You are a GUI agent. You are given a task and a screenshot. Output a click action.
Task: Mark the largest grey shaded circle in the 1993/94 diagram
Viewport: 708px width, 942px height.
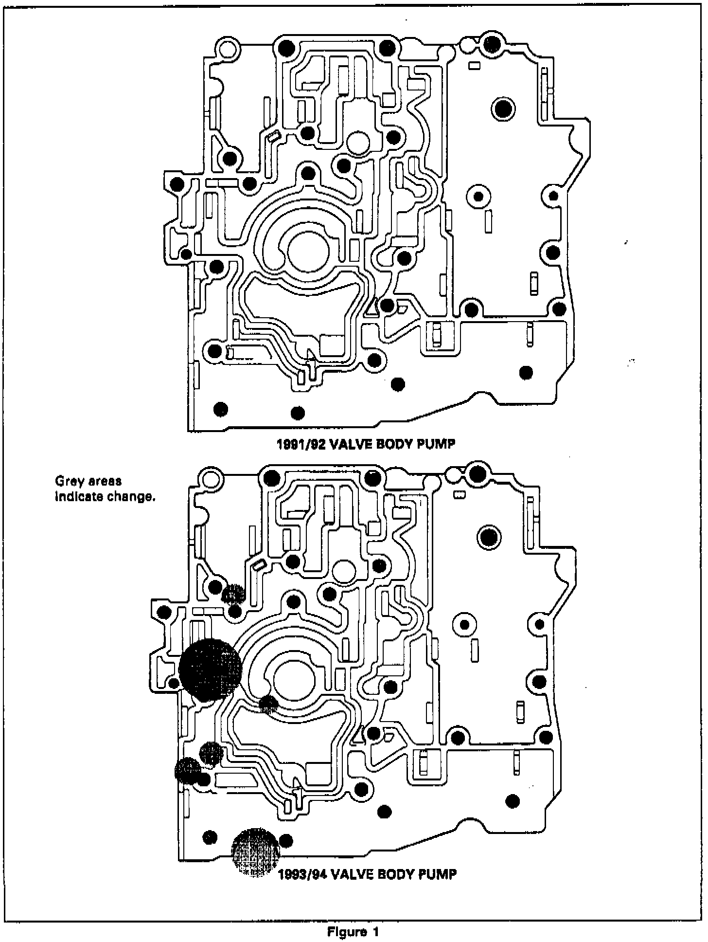tap(210, 670)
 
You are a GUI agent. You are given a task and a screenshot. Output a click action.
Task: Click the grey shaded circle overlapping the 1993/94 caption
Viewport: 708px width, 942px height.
tap(256, 851)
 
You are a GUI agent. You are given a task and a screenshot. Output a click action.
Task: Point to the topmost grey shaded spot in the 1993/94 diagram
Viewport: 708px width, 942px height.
tap(233, 593)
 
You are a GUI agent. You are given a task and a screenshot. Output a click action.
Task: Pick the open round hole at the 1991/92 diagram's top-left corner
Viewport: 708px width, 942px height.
tap(228, 49)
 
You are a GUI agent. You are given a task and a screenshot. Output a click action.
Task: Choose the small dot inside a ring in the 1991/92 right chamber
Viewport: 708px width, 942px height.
tap(478, 197)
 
